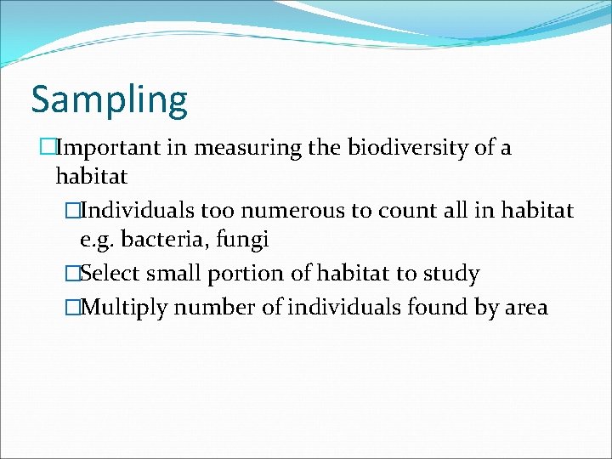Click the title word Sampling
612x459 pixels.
(x=109, y=100)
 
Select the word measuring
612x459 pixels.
(x=247, y=148)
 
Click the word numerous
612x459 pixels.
(x=301, y=210)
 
